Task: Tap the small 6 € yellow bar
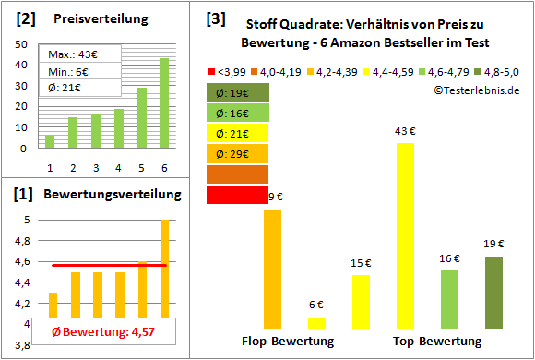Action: click(316, 322)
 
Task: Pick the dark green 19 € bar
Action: click(494, 292)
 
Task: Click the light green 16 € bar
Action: click(449, 299)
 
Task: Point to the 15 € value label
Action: click(361, 264)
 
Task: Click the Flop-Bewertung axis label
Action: click(287, 342)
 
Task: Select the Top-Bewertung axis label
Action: click(437, 342)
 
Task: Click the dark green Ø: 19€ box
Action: click(238, 92)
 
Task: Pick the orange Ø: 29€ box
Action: click(238, 153)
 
